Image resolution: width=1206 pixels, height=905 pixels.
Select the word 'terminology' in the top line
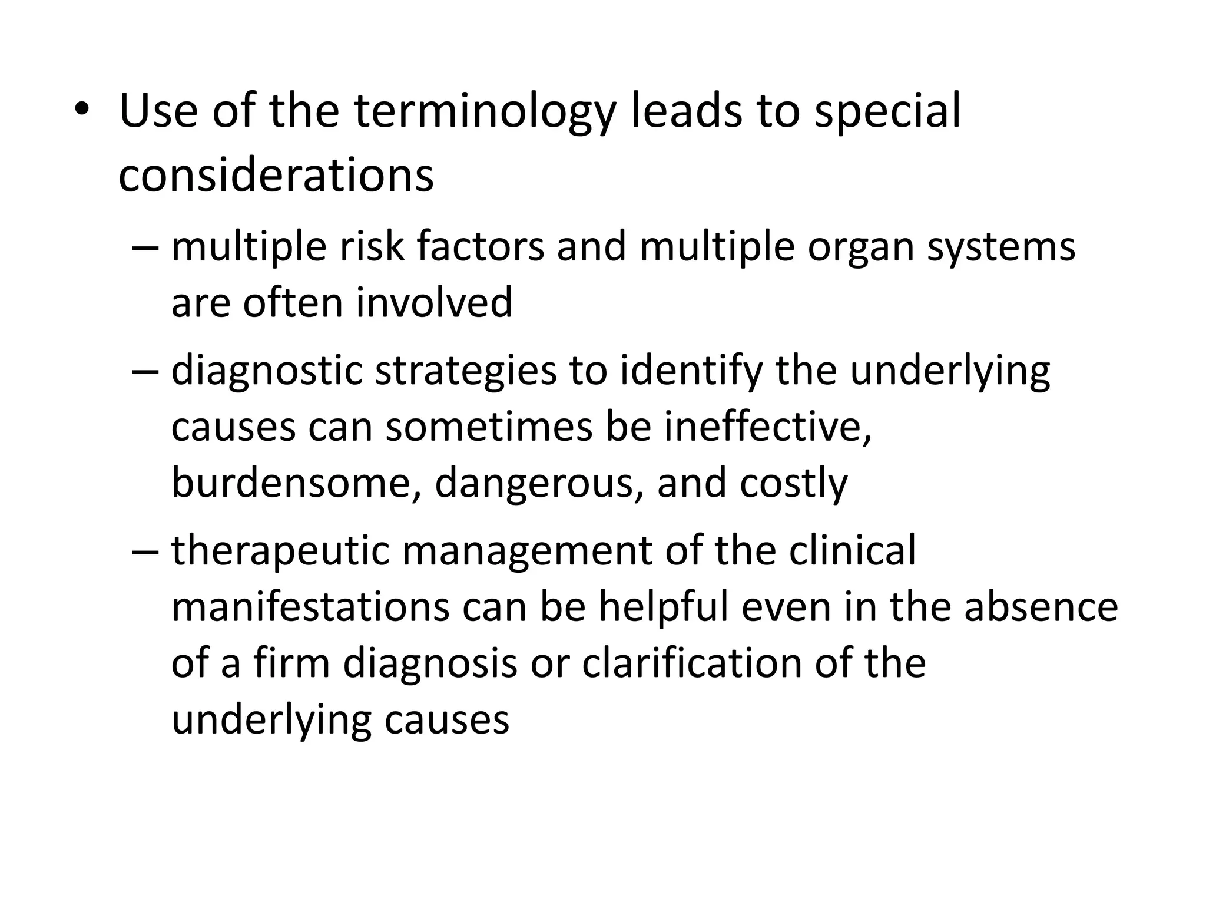pos(484,112)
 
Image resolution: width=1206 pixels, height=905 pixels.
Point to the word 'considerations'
pos(276,175)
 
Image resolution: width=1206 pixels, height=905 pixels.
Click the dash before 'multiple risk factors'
pos(145,247)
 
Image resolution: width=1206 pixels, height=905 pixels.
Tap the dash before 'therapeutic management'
pos(145,551)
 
